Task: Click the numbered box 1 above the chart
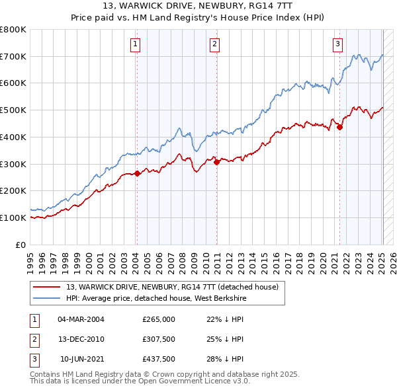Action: tap(135, 44)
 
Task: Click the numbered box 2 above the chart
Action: tap(215, 44)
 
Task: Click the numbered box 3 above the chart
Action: tap(337, 44)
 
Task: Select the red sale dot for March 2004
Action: tap(137, 174)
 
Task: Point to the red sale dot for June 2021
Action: tap(340, 128)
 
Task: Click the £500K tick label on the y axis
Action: tap(13, 110)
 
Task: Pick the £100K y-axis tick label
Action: tap(13, 217)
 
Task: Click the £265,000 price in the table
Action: tap(158, 319)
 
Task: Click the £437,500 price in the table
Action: tap(158, 359)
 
